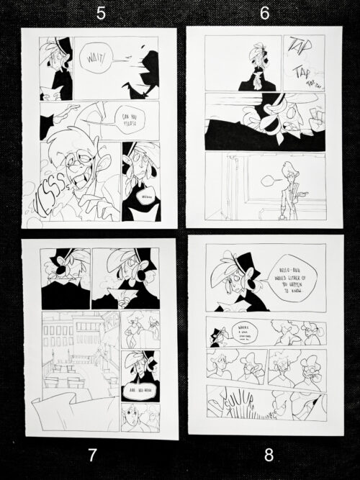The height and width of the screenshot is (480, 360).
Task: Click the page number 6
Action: (264, 13)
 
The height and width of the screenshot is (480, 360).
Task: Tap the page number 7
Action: (91, 454)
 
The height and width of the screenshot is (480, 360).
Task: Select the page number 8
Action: (269, 454)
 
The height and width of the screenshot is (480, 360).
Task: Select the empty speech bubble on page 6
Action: (268, 176)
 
